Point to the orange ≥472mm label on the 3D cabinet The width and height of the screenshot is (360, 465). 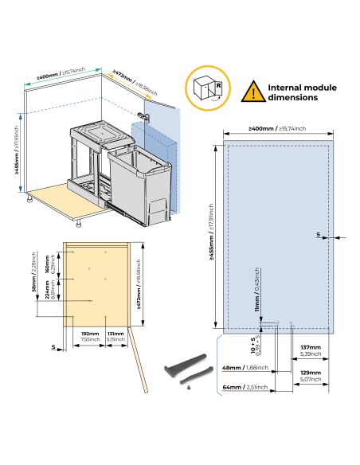click(x=131, y=80)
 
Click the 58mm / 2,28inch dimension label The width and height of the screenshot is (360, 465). click(x=33, y=279)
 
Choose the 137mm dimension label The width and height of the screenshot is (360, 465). click(x=311, y=350)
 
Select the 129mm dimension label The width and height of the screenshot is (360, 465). click(x=311, y=375)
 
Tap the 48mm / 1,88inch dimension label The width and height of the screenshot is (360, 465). click(x=244, y=368)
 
